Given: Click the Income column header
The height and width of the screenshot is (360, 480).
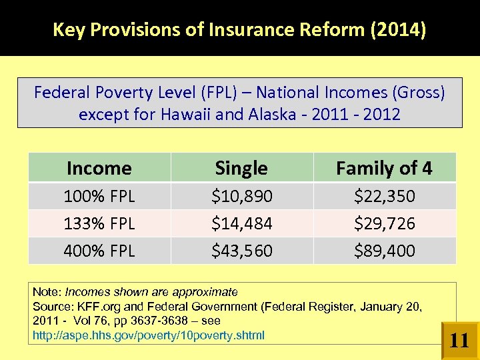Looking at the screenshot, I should coord(99,168).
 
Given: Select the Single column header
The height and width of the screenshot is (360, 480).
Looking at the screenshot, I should coord(241,168).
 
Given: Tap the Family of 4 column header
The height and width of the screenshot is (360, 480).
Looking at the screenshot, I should coord(384,168).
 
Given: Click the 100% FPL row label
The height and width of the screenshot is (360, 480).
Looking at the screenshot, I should coord(99,197).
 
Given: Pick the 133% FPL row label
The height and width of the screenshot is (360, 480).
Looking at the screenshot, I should coord(99,224).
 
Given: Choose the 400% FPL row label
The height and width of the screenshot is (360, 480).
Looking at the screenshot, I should coord(99,251).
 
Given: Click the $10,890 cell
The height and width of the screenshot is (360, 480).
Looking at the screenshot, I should coord(241,197).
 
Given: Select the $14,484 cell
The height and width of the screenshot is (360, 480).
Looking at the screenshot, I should coord(241,224).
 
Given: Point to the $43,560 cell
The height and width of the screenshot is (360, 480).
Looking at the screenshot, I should coord(241,251).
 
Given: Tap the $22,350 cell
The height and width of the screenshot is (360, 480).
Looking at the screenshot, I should coord(384,197).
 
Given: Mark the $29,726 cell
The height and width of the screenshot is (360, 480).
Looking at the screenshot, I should coord(384,224).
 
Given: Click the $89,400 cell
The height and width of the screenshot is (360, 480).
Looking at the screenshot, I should coord(384,251).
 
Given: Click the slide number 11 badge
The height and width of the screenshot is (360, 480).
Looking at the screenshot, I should coord(459,341).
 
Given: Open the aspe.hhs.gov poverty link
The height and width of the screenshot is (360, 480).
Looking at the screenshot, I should coord(148,335).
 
